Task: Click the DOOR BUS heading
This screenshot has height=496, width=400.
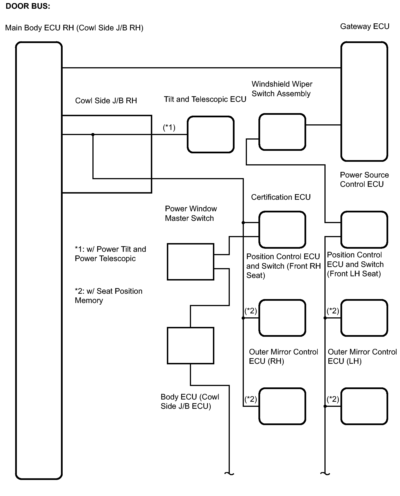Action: [x=28, y=6]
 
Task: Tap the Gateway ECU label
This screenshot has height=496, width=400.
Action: [x=364, y=26]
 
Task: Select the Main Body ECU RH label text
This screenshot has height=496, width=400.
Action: [x=74, y=28]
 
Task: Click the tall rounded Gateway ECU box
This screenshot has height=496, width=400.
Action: [x=364, y=101]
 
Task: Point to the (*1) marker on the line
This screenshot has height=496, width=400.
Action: [x=169, y=127]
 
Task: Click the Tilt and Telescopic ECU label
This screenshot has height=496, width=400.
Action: [x=205, y=99]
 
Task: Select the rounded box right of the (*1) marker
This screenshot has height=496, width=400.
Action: [x=211, y=134]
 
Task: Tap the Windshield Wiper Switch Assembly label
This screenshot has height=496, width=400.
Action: [x=282, y=89]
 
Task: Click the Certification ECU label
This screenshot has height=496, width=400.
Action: [x=281, y=197]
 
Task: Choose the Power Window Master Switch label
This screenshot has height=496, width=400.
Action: [x=191, y=214]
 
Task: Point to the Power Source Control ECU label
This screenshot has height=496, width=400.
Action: [x=364, y=179]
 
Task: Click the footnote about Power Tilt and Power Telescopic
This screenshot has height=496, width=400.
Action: [x=110, y=254]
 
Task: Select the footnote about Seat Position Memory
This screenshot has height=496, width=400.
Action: [x=108, y=296]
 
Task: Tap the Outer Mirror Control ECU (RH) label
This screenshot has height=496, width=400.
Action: [x=283, y=356]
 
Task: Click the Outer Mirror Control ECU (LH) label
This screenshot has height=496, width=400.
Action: [x=362, y=356]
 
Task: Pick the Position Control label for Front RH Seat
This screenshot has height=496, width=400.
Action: [x=283, y=266]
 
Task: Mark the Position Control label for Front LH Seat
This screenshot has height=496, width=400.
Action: [x=355, y=264]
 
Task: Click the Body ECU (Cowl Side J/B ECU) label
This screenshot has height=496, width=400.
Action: [x=190, y=401]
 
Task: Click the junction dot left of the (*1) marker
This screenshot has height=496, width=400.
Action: [x=93, y=135]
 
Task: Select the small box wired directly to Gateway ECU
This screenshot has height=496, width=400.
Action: [x=282, y=132]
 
